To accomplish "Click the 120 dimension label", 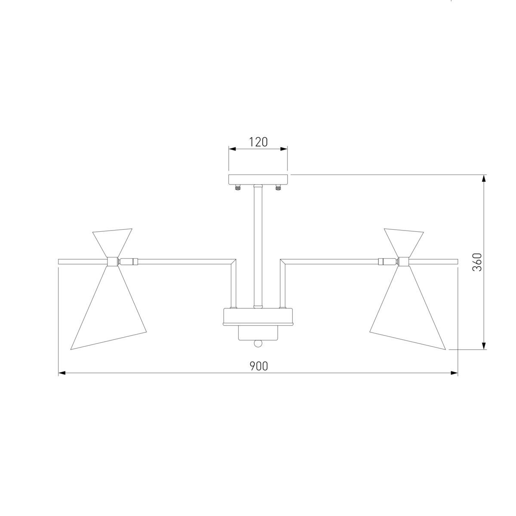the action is pos(258,142).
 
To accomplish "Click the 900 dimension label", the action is pos(259,366).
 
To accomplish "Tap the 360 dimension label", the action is pos(477,262).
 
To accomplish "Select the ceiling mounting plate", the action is pos(258,179).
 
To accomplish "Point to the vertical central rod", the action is pos(258,246).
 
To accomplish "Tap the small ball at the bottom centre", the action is pos(258,344).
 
